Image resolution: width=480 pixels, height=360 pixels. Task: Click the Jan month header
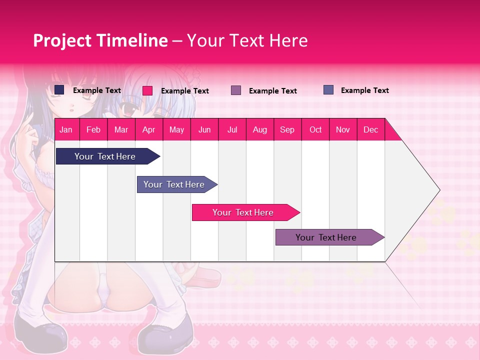(66, 129)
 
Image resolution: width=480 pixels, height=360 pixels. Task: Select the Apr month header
(148, 129)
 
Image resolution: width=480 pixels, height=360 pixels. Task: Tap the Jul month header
(232, 129)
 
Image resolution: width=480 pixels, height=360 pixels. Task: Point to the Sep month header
(287, 129)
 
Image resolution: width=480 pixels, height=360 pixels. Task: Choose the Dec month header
(370, 129)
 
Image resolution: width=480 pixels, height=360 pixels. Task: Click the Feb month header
(93, 129)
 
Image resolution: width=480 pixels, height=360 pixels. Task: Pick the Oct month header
(315, 129)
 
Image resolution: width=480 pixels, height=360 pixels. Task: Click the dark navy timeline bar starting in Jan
(105, 156)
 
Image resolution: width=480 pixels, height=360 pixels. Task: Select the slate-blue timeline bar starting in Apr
(174, 184)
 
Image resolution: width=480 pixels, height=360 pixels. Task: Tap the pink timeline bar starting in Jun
(243, 212)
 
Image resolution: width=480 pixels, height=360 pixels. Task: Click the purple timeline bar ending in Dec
(326, 237)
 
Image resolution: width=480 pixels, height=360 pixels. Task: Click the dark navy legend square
(59, 90)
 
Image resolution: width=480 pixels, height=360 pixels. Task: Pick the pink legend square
(147, 90)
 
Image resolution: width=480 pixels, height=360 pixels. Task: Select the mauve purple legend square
(236, 90)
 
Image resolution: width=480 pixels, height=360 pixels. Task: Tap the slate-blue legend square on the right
(328, 90)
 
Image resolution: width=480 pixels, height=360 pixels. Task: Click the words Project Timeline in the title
(100, 40)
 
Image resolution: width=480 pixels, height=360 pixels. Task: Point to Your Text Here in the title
(247, 40)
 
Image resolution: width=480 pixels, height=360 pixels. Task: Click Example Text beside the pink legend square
(185, 91)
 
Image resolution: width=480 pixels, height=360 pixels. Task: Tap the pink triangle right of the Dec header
(391, 132)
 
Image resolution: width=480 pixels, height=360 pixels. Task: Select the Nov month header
(343, 129)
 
